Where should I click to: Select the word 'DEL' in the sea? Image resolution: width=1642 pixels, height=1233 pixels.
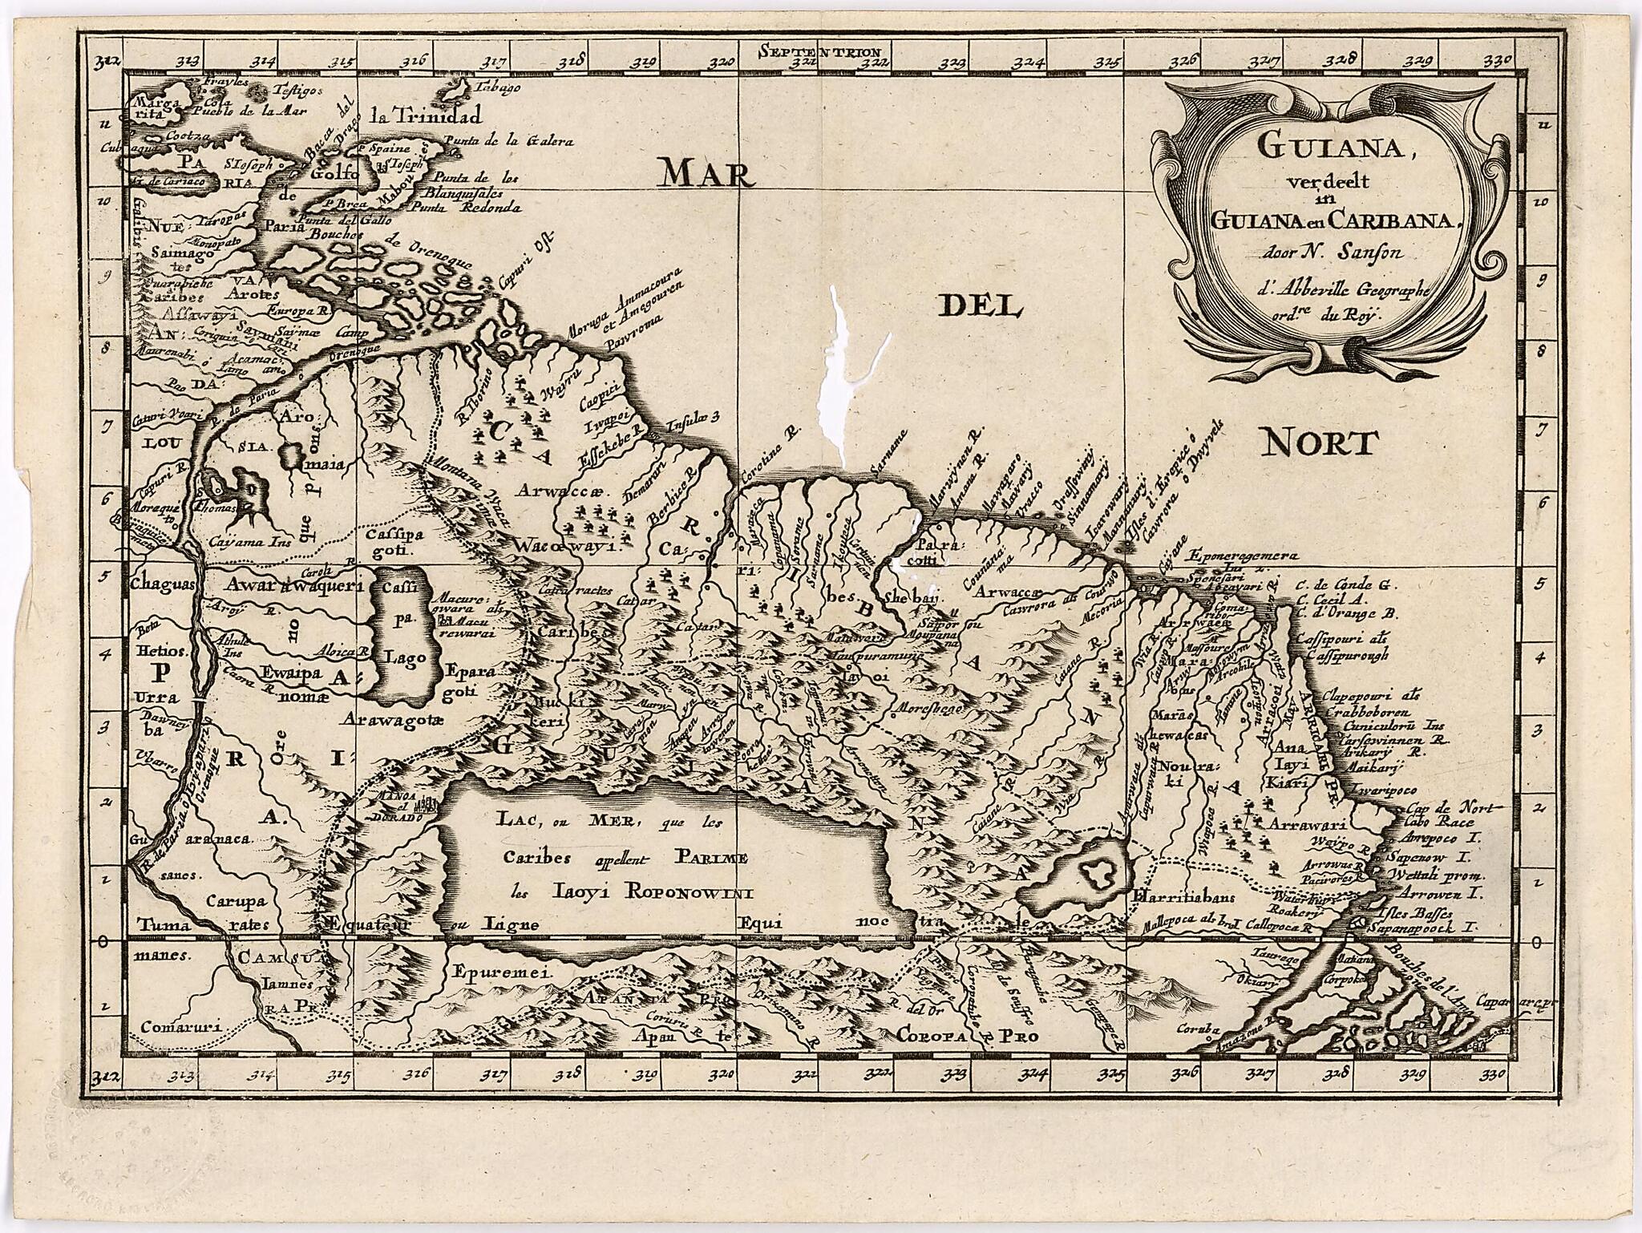pyautogui.click(x=977, y=306)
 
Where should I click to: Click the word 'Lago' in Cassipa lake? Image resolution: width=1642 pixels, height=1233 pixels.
pyautogui.click(x=408, y=658)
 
